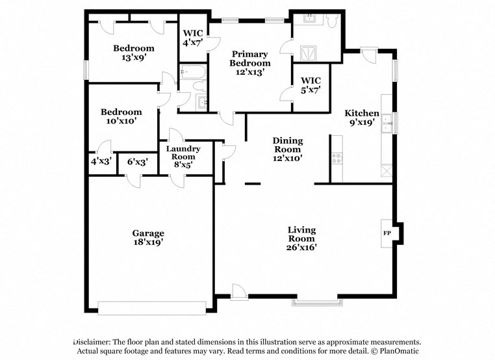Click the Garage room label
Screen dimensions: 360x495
point(148,237)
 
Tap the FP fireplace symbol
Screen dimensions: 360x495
point(387,233)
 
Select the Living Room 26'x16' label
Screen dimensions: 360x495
point(302,238)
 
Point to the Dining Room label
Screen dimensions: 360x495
point(287,149)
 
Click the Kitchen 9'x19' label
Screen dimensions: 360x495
point(362,118)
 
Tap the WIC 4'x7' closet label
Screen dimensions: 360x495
point(193,38)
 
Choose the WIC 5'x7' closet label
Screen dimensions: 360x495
point(310,85)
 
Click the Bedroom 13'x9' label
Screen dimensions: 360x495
point(134,52)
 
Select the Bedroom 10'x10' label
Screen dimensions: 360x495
point(120,116)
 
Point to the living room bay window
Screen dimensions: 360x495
point(316,301)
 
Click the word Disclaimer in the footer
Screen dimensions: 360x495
point(92,342)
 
